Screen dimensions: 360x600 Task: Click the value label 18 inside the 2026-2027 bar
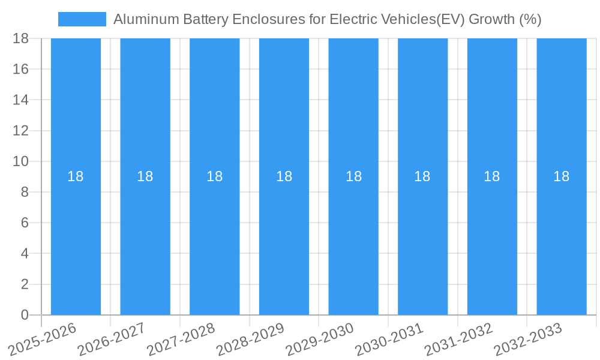click(145, 176)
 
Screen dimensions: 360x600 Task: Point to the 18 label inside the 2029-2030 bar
click(353, 176)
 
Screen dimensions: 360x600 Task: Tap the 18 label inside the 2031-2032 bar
click(492, 176)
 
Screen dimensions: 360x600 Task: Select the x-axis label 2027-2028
click(182, 340)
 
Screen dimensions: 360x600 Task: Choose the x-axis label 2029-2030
click(320, 340)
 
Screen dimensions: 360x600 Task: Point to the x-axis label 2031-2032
click(459, 340)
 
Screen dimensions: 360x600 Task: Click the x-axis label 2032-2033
click(529, 340)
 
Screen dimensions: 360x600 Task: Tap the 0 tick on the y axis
click(25, 315)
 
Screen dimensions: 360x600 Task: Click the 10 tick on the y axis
click(21, 161)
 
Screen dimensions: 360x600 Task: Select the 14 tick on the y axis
click(21, 100)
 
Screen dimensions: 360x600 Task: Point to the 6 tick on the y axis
click(25, 223)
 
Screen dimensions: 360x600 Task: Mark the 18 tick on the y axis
click(21, 38)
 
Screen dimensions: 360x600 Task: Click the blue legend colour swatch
click(82, 19)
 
